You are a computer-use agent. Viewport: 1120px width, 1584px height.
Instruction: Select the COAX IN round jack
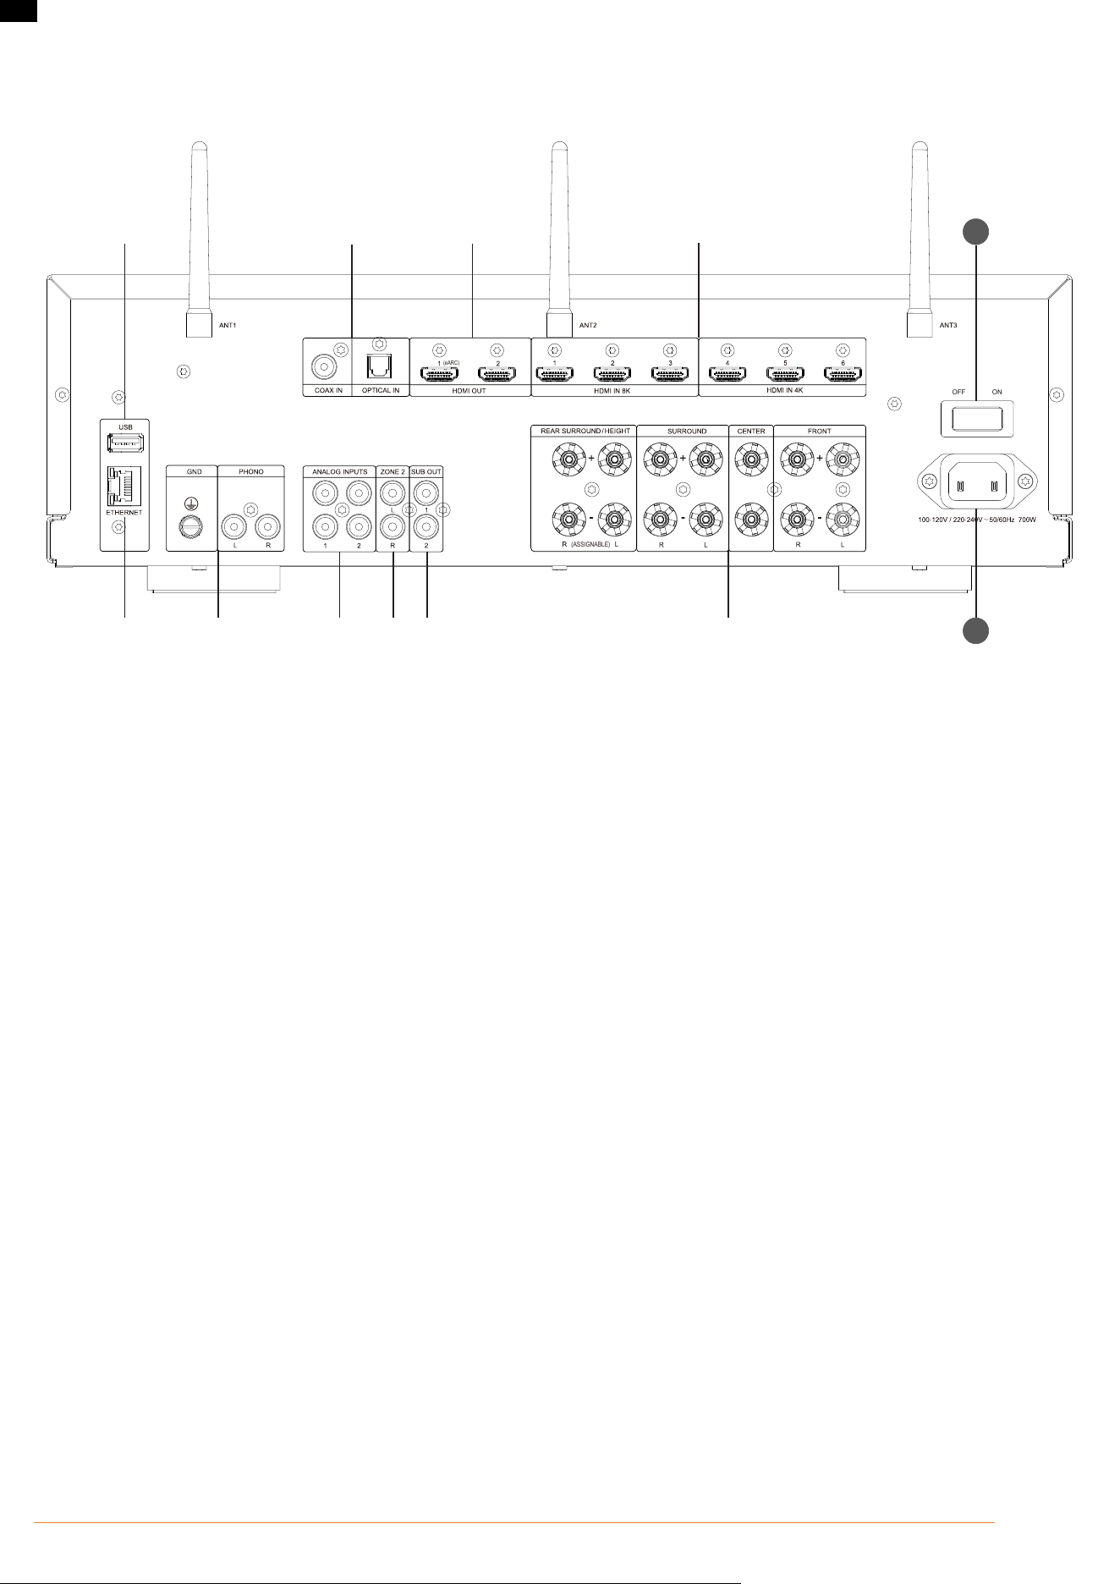tap(323, 367)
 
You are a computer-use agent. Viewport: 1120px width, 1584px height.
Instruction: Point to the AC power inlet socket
tap(977, 482)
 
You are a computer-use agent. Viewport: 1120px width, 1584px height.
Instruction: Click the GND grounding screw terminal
tap(192, 528)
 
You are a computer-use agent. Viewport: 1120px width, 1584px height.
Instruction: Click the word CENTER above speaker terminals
tap(751, 431)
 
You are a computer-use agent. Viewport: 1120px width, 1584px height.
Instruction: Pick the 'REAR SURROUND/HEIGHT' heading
tap(585, 431)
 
